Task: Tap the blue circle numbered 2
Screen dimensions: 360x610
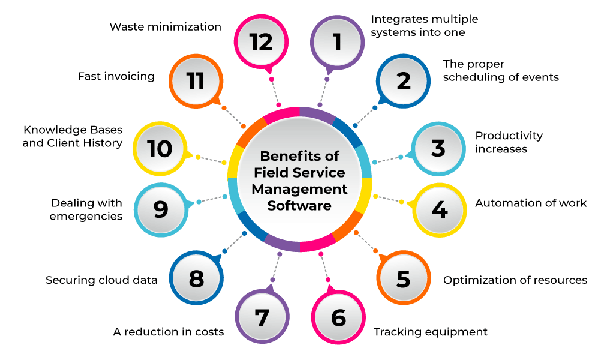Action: pos(404,81)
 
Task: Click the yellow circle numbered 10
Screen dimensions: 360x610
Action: pos(160,148)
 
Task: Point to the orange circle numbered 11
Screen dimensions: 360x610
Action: pos(196,81)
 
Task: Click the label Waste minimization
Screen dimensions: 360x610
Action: pos(166,27)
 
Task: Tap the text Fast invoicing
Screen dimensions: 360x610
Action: pos(116,77)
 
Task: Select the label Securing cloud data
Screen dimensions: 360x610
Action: pos(101,280)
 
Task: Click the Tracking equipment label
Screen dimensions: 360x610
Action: pos(431,332)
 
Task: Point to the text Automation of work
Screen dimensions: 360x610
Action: pos(531,203)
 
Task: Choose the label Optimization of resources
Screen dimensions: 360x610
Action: pos(515,280)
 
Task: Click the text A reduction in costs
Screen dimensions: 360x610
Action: pos(169,332)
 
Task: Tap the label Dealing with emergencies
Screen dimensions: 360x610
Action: pos(86,209)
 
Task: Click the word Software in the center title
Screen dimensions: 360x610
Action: pos(299,206)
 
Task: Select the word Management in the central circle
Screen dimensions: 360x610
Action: pos(299,189)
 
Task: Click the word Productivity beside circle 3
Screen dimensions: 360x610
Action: pos(509,136)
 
